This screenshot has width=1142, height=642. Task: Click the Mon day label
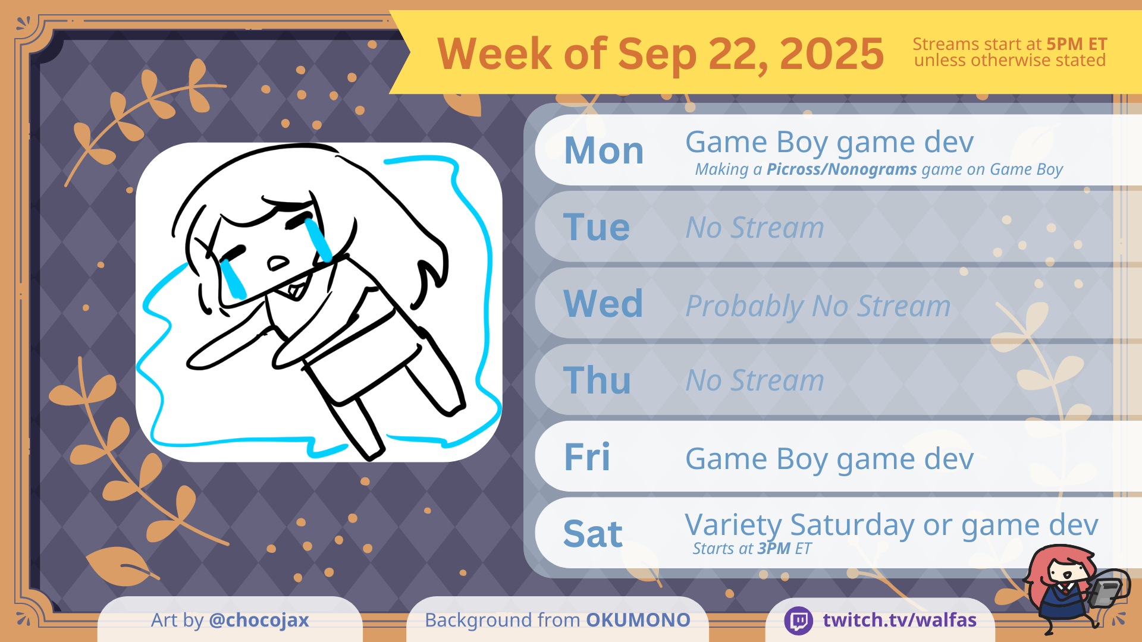coord(604,150)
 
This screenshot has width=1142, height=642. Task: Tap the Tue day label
coord(597,227)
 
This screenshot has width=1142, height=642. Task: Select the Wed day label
coord(603,304)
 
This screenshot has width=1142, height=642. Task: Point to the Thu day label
coord(597,380)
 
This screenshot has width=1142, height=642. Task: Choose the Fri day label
coord(587,457)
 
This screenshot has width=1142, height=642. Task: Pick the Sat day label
coord(593,534)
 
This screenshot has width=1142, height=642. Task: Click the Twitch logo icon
coord(799,621)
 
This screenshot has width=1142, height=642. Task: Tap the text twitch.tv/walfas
coord(899,620)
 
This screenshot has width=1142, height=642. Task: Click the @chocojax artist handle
coord(259,621)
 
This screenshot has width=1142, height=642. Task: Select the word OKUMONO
coord(638,620)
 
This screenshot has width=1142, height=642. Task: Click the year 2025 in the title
coord(832,53)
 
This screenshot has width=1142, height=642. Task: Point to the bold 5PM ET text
coord(1077,44)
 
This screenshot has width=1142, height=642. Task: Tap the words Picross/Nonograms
coord(842,169)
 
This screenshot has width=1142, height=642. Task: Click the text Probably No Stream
coord(818,306)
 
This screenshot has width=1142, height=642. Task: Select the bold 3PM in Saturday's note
coord(774,548)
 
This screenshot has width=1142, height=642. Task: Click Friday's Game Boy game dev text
coord(829,459)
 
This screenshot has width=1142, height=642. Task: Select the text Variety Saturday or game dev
coord(891,525)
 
